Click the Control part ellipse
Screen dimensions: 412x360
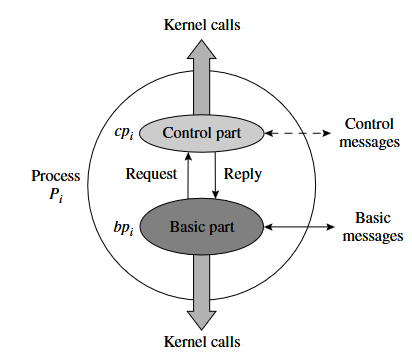click(201, 133)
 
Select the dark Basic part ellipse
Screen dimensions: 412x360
click(201, 227)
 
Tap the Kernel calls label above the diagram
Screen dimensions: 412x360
click(202, 25)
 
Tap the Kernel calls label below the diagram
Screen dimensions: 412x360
click(202, 342)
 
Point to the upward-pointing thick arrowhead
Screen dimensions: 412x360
click(201, 49)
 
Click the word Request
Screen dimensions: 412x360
click(151, 175)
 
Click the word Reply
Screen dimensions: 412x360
click(243, 175)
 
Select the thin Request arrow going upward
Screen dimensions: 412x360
click(188, 176)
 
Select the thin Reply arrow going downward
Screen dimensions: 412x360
click(215, 175)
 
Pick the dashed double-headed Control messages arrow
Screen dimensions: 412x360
click(298, 133)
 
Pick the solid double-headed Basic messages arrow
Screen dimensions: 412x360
click(299, 227)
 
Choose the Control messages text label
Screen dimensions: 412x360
click(369, 133)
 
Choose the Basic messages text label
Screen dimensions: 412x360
click(373, 227)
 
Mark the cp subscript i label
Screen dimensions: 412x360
click(124, 133)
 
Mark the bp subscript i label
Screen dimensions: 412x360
click(123, 228)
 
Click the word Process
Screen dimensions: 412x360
click(56, 176)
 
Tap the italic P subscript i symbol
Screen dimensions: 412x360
click(56, 195)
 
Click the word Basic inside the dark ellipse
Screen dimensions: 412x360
click(185, 227)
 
